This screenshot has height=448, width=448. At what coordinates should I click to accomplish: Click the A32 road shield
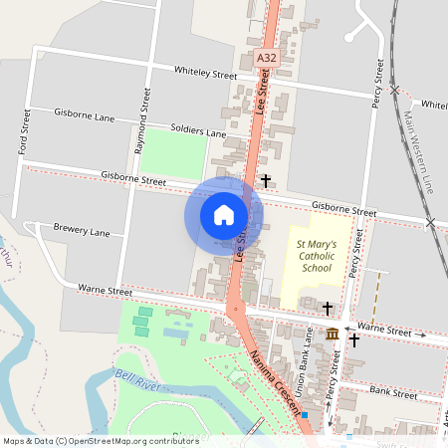(x=265, y=59)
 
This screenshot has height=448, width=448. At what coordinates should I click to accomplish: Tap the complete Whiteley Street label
(x=205, y=75)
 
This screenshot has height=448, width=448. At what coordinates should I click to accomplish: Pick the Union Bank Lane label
(x=310, y=352)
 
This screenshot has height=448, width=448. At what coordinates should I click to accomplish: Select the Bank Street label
(x=392, y=392)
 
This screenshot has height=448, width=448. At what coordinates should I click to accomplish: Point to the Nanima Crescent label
(x=274, y=382)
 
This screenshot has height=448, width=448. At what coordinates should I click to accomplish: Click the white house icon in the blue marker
(x=224, y=214)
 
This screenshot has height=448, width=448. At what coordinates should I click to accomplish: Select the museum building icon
(x=332, y=336)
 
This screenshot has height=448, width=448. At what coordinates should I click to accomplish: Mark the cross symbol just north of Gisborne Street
(x=266, y=181)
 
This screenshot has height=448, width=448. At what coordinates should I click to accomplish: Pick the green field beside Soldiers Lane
(x=173, y=154)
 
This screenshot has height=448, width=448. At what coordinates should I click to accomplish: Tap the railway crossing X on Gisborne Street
(x=431, y=223)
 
